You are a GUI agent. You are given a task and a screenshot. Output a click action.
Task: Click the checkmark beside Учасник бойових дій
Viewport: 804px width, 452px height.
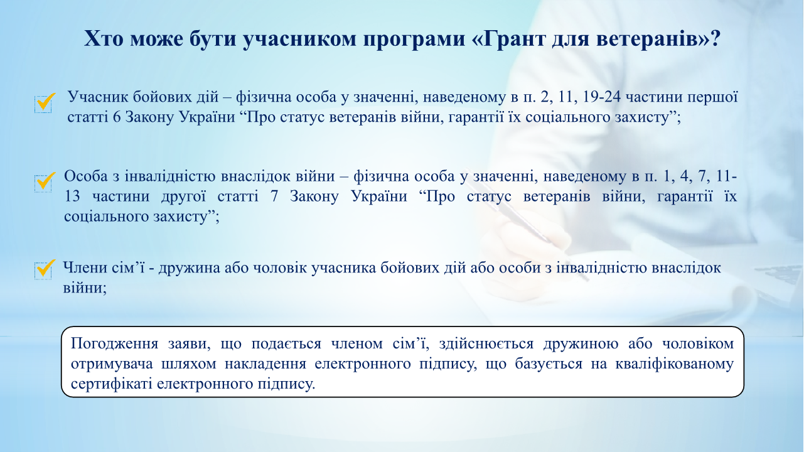click(x=45, y=102)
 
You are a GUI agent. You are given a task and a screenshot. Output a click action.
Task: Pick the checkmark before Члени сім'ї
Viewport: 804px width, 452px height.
click(x=45, y=269)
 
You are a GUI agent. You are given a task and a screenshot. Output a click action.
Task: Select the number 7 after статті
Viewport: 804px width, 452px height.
click(x=274, y=196)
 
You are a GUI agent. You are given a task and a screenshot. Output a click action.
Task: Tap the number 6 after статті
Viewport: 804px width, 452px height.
click(x=117, y=117)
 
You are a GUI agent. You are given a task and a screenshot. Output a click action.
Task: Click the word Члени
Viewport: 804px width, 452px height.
click(x=83, y=268)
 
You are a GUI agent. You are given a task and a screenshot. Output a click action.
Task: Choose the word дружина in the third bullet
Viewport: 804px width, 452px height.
click(x=189, y=269)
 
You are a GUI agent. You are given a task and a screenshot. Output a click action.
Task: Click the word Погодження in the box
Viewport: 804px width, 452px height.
click(x=114, y=344)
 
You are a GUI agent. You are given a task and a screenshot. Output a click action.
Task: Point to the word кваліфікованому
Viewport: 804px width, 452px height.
click(x=675, y=365)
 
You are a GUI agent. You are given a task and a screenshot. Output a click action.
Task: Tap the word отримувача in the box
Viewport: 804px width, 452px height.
click(x=112, y=365)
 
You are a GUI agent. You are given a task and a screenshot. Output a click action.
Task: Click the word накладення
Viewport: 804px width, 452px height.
click(x=265, y=364)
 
